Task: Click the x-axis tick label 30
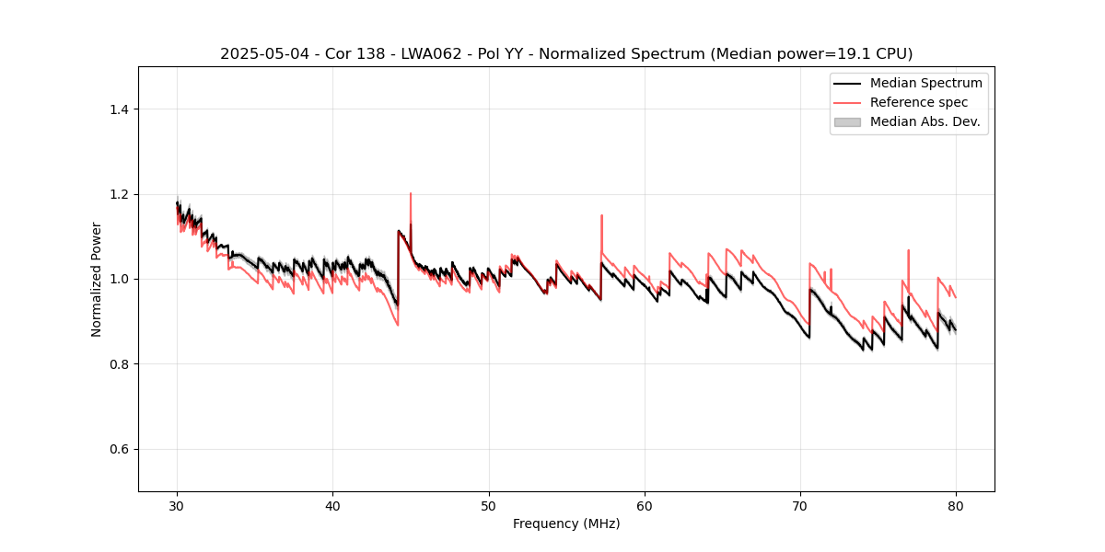(177, 505)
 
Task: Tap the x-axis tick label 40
(332, 505)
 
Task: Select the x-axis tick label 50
(488, 505)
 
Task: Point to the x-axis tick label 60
(645, 505)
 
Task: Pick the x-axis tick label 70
(800, 505)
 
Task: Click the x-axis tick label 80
(956, 505)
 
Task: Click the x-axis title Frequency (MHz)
(566, 523)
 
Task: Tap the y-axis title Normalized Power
(97, 279)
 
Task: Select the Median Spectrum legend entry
(925, 83)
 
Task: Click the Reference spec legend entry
(918, 102)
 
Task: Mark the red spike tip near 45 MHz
(411, 193)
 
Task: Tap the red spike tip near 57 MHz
(601, 215)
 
